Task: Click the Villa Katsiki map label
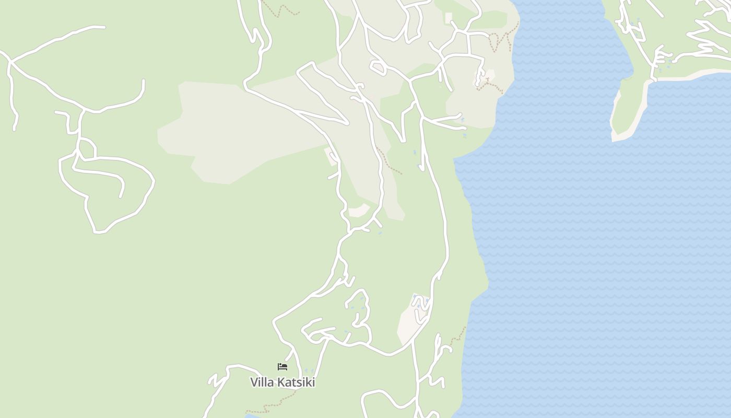282,382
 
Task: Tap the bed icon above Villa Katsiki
282,367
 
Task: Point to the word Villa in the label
262,382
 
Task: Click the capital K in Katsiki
280,382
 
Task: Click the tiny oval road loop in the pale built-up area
378,66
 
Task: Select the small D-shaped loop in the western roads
87,148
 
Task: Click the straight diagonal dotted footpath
389,161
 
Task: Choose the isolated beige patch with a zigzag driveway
412,319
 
